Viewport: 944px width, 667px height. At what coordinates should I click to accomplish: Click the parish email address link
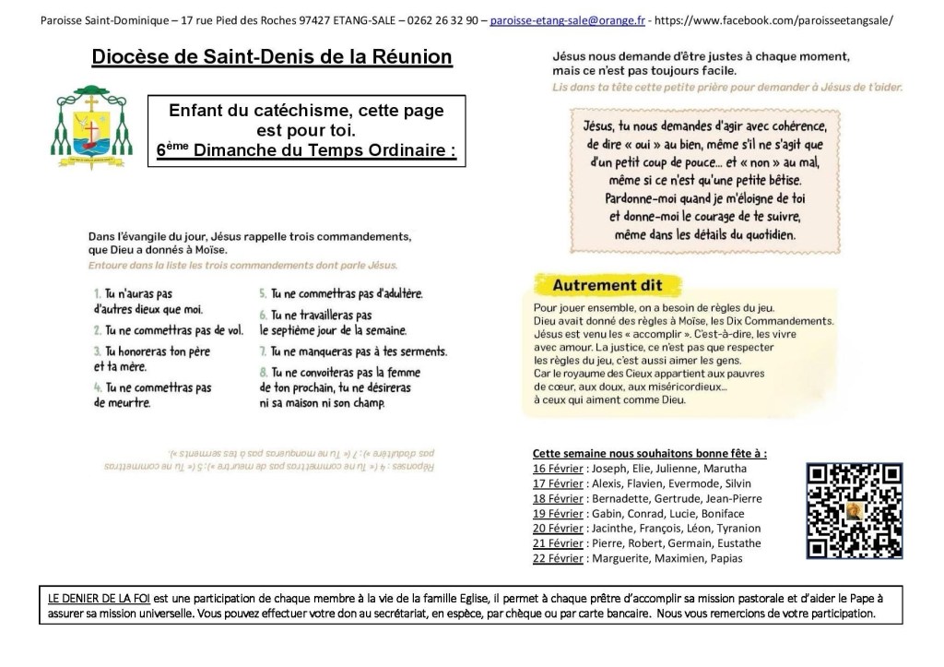(x=567, y=19)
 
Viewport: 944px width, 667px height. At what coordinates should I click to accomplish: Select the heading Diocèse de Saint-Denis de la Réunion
(x=272, y=58)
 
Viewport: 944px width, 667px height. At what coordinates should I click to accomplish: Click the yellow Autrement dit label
(x=607, y=285)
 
